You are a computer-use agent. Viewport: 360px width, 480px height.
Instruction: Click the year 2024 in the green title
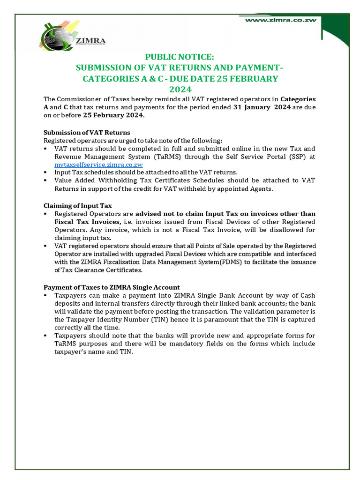coord(180,89)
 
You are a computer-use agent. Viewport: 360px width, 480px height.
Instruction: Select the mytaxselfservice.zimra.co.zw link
coord(98,165)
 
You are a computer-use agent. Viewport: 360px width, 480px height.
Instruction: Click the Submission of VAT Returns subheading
coord(87,132)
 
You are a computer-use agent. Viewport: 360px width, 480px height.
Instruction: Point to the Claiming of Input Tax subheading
coord(77,206)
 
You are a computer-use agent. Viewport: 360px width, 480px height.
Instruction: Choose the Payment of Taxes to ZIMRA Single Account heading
coord(112,287)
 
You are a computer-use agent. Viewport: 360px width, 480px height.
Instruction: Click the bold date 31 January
coord(251,107)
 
